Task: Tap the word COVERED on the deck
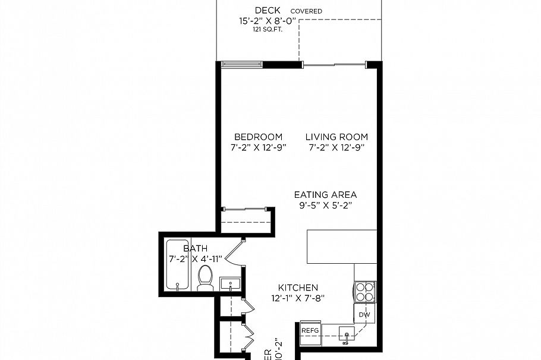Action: coord(306,11)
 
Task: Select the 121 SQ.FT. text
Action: coord(268,29)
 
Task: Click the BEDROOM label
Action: coord(258,137)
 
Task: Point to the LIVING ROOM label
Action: coord(336,137)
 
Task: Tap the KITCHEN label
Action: coord(298,288)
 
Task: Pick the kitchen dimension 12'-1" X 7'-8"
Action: coord(298,298)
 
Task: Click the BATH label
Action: coord(195,248)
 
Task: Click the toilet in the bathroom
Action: coord(205,278)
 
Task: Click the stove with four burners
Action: coord(365,292)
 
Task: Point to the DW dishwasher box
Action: coord(364,314)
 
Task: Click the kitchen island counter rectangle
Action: coord(342,247)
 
